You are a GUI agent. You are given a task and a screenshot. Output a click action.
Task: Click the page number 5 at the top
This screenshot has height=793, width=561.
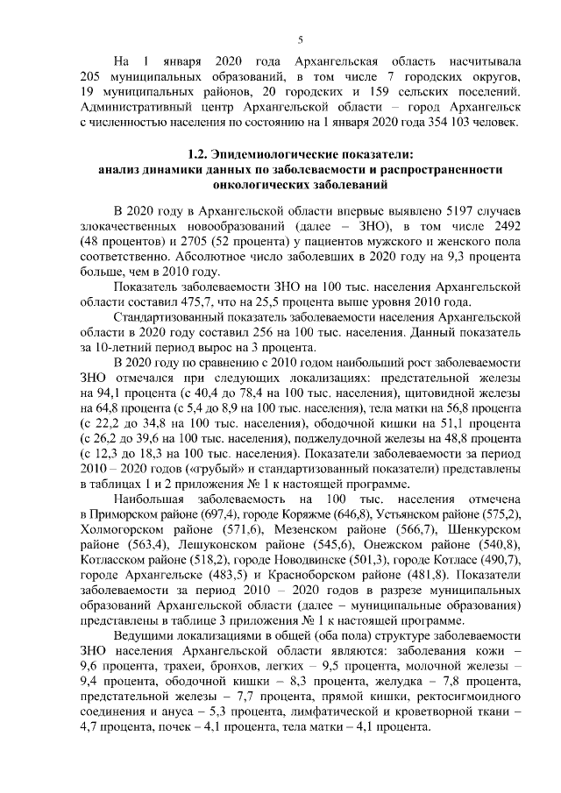tap(301, 39)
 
